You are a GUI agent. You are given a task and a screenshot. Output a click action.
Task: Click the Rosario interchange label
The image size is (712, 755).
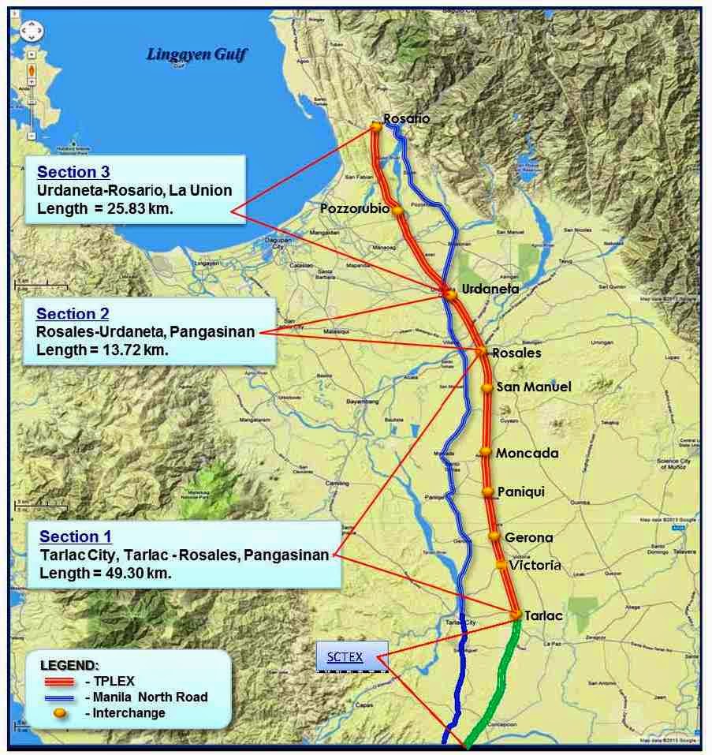(407, 118)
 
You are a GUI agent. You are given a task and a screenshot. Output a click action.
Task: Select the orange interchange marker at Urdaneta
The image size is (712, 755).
(450, 294)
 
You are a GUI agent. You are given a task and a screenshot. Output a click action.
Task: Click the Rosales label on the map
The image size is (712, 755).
(516, 353)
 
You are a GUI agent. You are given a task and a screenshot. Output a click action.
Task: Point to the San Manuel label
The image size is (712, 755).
(533, 387)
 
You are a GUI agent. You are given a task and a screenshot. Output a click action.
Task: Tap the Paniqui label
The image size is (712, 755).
(520, 491)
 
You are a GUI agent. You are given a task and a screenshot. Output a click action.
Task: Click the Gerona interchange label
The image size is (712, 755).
(528, 537)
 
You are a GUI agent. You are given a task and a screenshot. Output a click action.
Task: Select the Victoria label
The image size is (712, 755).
(535, 565)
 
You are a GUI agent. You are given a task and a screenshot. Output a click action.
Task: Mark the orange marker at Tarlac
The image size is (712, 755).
(515, 614)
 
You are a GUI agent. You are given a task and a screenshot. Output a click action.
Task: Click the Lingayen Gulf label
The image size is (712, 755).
(198, 55)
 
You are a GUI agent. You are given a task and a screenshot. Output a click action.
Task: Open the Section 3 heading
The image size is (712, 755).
(73, 172)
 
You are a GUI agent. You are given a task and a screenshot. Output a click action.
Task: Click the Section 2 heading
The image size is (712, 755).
(73, 314)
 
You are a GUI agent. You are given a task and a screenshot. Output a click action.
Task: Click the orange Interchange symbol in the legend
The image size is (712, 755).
(59, 713)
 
